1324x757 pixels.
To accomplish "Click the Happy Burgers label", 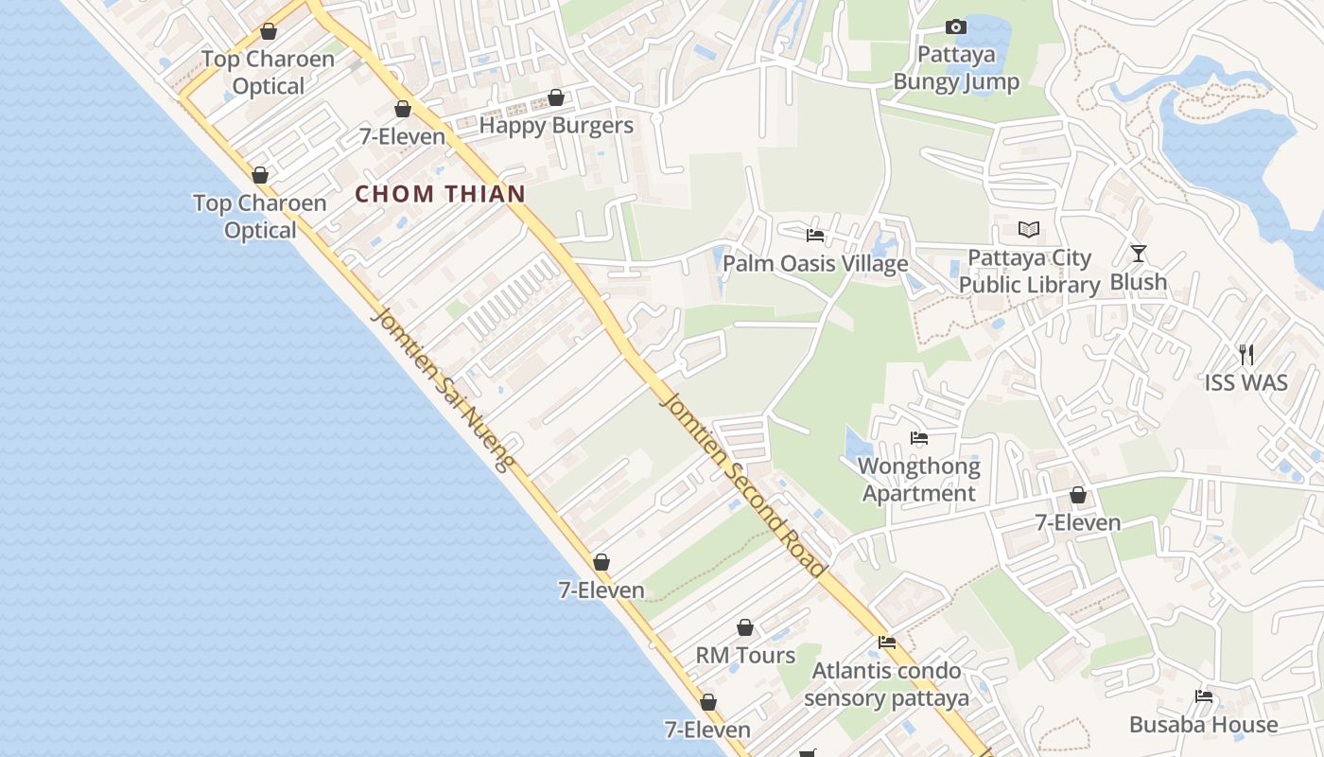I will pos(556,125).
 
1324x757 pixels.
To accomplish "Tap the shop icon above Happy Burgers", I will pos(556,97).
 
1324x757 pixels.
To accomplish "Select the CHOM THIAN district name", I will pos(440,195).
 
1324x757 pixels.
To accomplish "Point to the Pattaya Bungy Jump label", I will pos(956,68).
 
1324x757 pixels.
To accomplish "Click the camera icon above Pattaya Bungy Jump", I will pos(956,26).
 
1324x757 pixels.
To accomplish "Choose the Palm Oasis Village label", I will pos(815,264).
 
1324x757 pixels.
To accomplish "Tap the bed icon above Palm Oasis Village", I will pos(815,236).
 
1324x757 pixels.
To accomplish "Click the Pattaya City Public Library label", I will pos(1029,272).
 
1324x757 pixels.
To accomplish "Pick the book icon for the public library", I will pos(1029,229).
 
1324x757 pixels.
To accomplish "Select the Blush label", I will pos(1138,282).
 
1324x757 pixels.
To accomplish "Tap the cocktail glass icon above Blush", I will pos(1138,254).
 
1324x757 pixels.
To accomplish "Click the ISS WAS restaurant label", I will pos(1246,383).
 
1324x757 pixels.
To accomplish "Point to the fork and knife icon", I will pos(1246,355).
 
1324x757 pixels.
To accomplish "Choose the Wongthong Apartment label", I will pos(918,480).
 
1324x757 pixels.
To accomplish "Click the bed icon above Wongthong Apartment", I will pos(918,438).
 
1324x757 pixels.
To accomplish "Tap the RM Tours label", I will pos(745,656).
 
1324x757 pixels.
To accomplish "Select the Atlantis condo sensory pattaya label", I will pos(887,685).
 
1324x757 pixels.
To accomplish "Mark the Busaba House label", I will pos(1203,725).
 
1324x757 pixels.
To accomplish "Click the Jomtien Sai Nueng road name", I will pos(442,389).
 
